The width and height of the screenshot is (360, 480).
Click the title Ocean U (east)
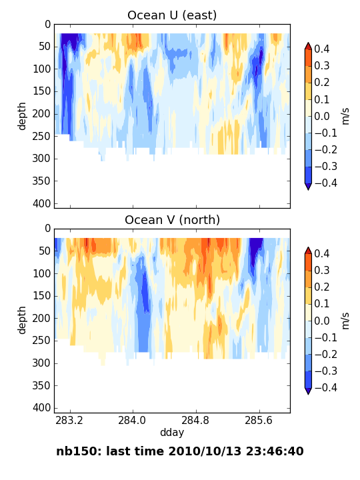coord(172,15)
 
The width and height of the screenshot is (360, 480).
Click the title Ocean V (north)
coord(172,220)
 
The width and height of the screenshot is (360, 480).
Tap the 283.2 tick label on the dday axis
coord(69,420)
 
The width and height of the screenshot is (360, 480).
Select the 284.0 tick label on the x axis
coord(133,420)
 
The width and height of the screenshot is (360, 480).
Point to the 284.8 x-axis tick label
coord(196,420)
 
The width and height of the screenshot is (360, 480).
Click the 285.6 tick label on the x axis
coord(259,420)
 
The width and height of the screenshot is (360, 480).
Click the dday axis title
coord(172,433)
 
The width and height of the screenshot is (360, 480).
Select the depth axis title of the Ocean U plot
coord(22,116)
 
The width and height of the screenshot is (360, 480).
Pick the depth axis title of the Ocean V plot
coord(22,321)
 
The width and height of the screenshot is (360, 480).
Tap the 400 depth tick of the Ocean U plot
coord(41,203)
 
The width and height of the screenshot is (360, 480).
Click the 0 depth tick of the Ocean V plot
coord(48,229)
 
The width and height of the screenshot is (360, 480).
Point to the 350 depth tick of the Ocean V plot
coord(41,386)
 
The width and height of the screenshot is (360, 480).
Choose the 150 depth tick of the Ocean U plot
coord(41,91)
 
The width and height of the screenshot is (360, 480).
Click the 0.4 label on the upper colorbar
coord(322,49)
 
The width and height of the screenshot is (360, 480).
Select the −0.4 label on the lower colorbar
coord(326,387)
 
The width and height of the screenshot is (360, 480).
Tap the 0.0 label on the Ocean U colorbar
coord(322,116)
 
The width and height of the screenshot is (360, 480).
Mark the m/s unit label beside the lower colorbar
coord(345,321)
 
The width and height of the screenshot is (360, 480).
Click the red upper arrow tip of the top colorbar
coord(308,43)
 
